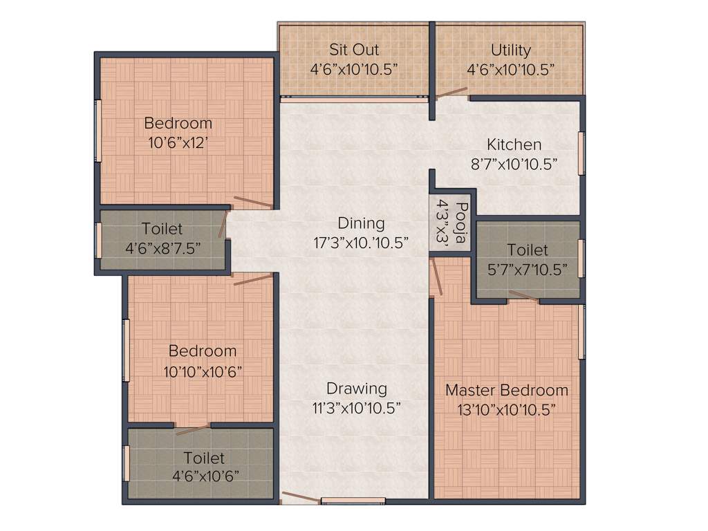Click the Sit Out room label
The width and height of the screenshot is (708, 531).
[353, 50]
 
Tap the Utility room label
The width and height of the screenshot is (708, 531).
[511, 50]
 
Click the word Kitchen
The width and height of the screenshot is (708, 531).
[514, 145]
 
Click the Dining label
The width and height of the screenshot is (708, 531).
[361, 223]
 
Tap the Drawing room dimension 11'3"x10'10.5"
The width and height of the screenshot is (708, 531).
[357, 408]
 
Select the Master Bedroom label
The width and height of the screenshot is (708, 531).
[507, 390]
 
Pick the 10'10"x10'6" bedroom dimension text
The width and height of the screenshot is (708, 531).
[203, 371]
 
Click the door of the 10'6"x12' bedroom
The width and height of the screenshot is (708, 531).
[253, 203]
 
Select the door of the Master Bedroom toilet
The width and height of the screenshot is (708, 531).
[524, 297]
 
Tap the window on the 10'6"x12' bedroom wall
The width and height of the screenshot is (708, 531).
[98, 131]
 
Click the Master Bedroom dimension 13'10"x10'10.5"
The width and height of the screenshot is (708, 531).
[507, 409]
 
